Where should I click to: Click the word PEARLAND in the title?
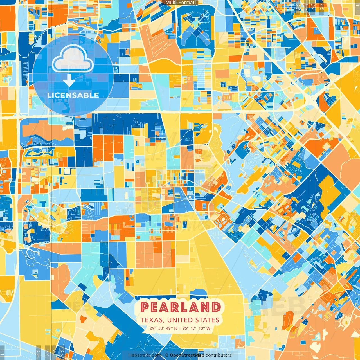[x=180, y=307]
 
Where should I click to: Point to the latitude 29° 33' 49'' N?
[x=163, y=328]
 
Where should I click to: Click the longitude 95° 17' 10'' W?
[x=196, y=328]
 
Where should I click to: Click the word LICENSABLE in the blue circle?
[x=73, y=95]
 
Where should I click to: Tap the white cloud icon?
[x=73, y=59]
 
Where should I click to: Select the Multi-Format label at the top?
[x=180, y=3]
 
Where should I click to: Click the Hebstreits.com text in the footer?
[x=145, y=355]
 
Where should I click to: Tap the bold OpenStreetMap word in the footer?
[x=187, y=355]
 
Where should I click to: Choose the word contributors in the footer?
[x=219, y=355]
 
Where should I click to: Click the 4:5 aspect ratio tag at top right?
[x=322, y=7]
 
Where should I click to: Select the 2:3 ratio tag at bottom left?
[x=62, y=352]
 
